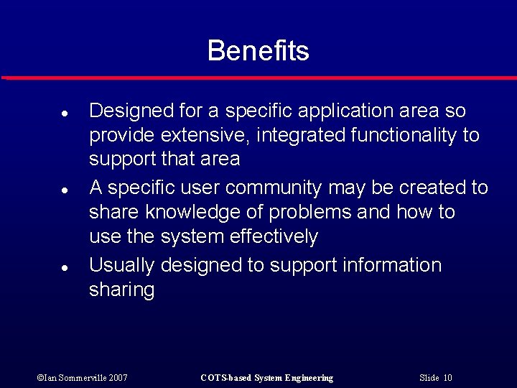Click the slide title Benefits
(x=258, y=51)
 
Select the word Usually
(x=122, y=265)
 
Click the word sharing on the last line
(x=121, y=290)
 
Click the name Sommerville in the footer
(x=76, y=378)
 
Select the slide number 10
(x=447, y=378)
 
